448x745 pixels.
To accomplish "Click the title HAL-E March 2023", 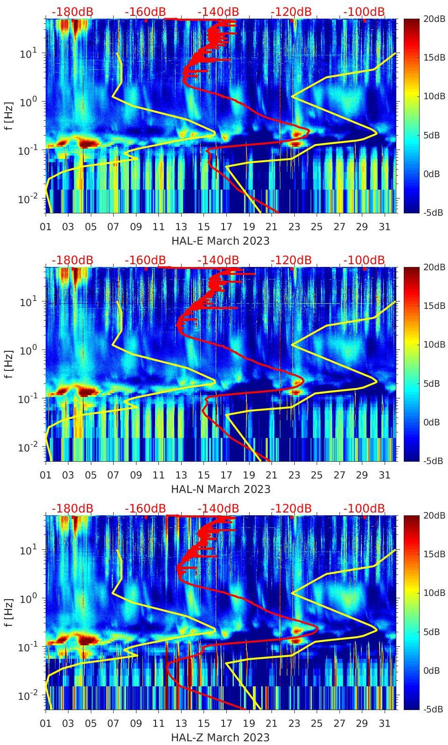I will (x=220, y=241).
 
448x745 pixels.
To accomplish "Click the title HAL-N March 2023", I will (x=220, y=489).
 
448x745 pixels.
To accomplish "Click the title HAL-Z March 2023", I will (x=220, y=738).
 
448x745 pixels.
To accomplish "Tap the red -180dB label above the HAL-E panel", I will (x=72, y=12).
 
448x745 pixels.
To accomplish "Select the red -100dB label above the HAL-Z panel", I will (x=364, y=508).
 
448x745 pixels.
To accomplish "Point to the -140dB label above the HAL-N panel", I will (x=218, y=260).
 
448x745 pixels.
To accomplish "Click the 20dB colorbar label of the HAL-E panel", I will (x=434, y=19).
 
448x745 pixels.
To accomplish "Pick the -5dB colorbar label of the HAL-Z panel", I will (x=433, y=710).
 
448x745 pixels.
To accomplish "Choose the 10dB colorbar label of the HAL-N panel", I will (x=434, y=345).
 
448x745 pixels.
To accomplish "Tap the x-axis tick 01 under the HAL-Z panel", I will (x=46, y=724).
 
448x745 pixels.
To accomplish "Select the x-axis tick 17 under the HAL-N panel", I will (x=226, y=475).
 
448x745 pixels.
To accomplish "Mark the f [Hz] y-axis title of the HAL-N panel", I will (x=9, y=364).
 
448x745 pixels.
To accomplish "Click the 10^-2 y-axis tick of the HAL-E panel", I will (x=27, y=199).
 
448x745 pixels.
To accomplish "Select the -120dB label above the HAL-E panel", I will (x=291, y=12).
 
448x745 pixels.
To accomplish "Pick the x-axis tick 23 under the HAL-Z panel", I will (x=294, y=724).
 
